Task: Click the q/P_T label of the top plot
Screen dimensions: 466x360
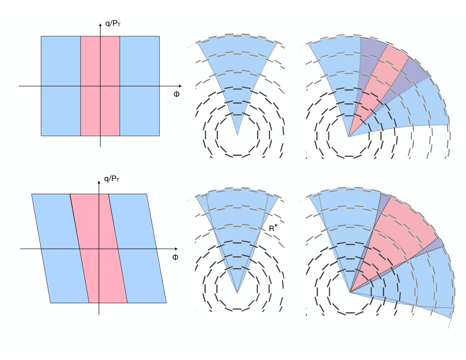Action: click(x=113, y=23)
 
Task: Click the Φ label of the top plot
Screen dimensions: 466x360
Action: click(x=177, y=94)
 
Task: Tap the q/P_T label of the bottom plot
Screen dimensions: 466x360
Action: click(x=112, y=179)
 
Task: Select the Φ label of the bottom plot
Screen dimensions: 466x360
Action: click(x=175, y=257)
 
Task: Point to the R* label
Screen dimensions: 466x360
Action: click(x=273, y=228)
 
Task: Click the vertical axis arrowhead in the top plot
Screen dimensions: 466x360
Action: click(x=100, y=25)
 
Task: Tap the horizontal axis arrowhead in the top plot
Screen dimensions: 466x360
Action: click(x=180, y=86)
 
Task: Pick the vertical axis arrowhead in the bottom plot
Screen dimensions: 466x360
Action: click(x=99, y=182)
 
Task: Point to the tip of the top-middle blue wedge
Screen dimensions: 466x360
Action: click(x=237, y=136)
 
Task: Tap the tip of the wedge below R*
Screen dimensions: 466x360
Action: click(x=237, y=293)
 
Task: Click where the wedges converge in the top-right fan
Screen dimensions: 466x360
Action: click(x=349, y=137)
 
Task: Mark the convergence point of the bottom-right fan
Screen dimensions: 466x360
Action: click(x=350, y=292)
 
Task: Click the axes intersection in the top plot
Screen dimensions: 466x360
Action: click(x=100, y=86)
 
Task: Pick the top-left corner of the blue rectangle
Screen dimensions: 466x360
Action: click(x=41, y=36)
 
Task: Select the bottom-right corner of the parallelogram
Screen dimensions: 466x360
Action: click(x=166, y=303)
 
